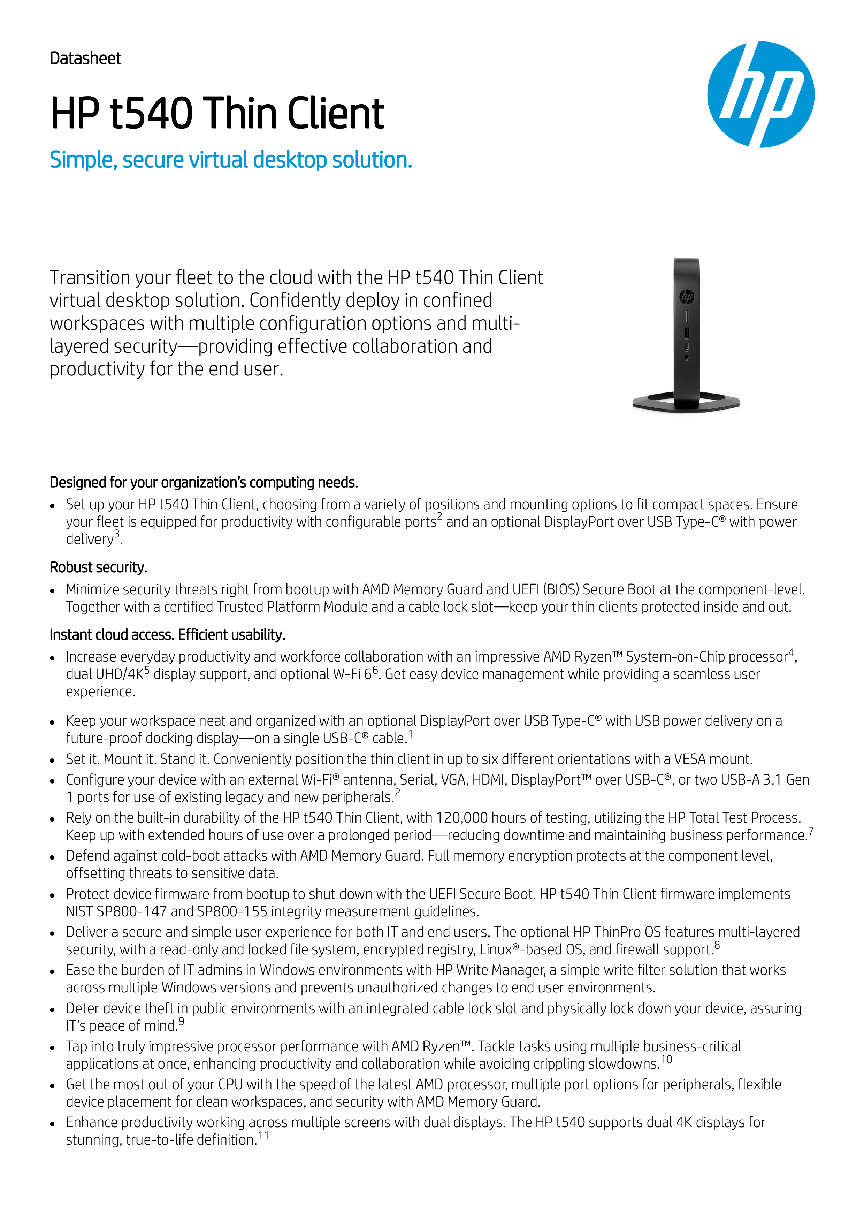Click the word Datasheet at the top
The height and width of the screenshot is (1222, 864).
(x=85, y=59)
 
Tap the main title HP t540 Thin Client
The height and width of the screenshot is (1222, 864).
(x=217, y=113)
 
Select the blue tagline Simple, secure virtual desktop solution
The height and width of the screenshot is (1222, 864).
(x=230, y=160)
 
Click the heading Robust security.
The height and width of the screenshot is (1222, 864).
(x=98, y=567)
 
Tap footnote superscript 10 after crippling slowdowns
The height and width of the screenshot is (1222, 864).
(x=666, y=1060)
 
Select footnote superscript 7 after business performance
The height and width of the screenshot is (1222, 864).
(x=811, y=831)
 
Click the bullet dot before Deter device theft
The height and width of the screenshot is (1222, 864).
(x=52, y=1010)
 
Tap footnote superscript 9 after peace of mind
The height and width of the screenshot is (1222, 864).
(x=182, y=1021)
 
